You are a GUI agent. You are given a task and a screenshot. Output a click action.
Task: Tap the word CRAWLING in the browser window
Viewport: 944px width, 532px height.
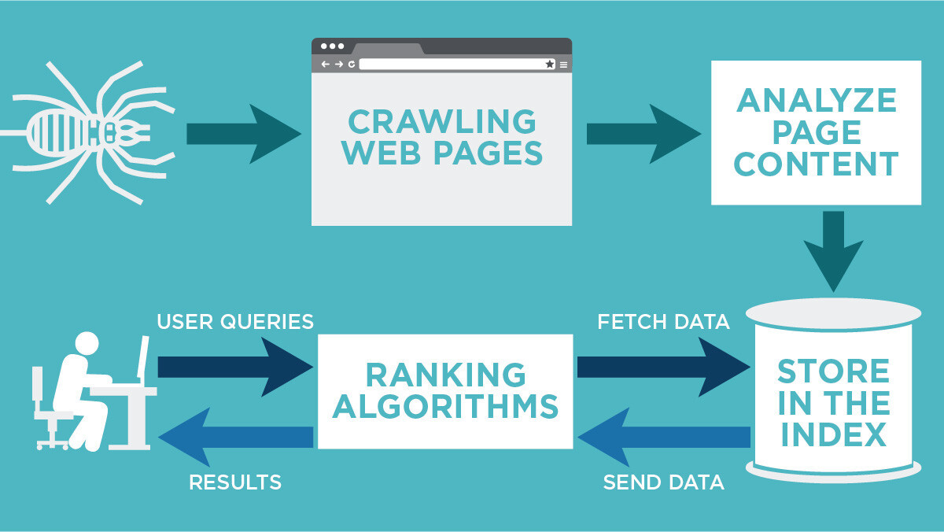click(x=441, y=122)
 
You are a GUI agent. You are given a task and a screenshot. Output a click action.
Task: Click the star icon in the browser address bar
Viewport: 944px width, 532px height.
click(x=550, y=64)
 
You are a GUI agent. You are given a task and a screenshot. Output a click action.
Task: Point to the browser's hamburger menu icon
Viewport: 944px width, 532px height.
click(x=563, y=64)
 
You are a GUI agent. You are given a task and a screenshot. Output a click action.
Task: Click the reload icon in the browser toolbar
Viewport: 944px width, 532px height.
click(x=351, y=64)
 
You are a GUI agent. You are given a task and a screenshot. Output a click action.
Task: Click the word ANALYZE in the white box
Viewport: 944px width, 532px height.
click(x=816, y=101)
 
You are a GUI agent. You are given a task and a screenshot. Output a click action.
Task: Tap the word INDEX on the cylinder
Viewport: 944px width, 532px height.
click(x=833, y=434)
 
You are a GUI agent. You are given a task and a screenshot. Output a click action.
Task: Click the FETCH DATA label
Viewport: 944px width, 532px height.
click(x=663, y=321)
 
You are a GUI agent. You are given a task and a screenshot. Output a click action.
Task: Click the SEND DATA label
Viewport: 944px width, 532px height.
click(x=663, y=482)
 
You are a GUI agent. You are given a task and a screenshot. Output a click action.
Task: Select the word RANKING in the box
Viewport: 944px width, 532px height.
click(x=444, y=375)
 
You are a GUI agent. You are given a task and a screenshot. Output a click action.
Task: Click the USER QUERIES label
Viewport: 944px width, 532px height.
click(x=235, y=321)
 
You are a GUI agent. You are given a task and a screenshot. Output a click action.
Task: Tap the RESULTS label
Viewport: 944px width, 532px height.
click(x=235, y=482)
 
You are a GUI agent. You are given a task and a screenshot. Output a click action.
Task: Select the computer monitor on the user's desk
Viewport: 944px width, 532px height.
click(x=142, y=358)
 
